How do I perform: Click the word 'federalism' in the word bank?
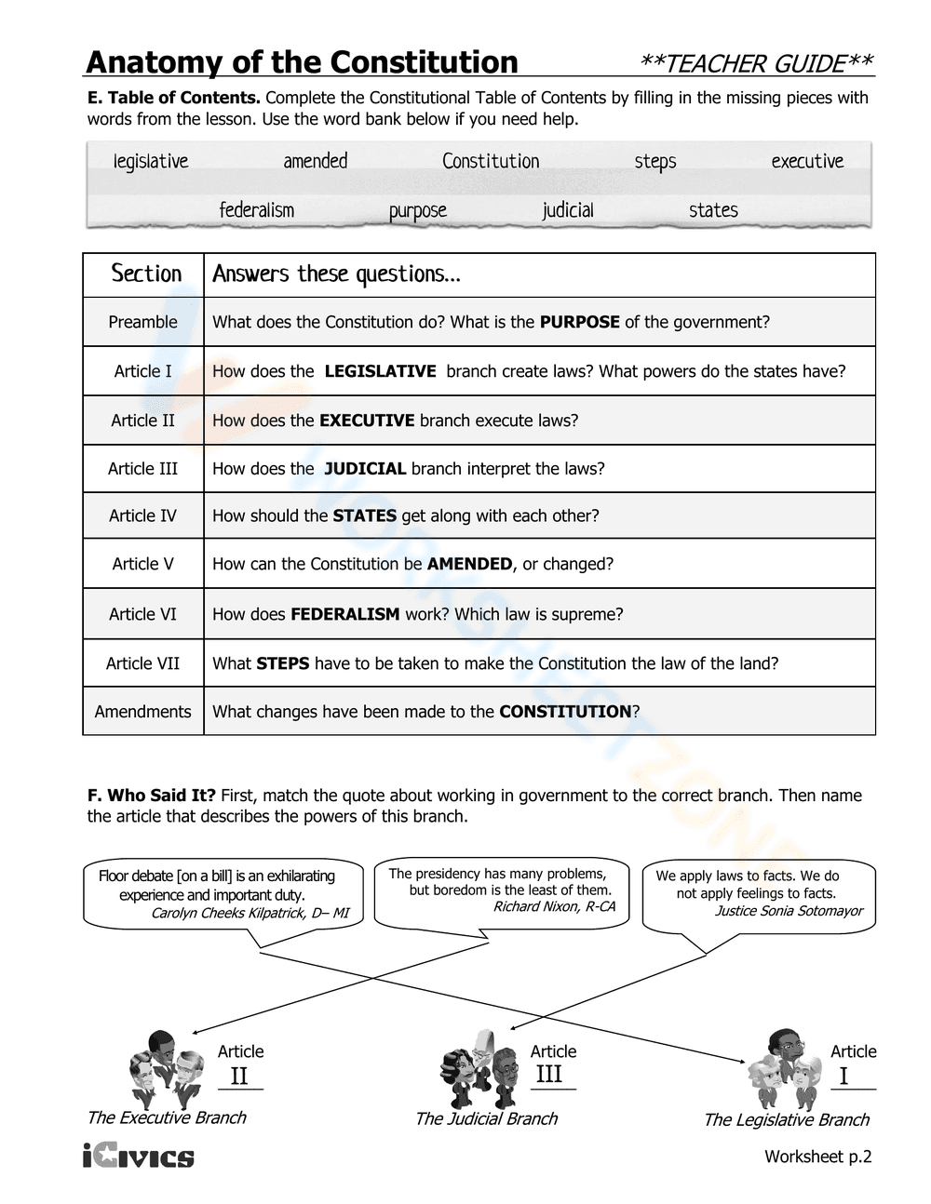[256, 210]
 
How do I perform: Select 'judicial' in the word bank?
[567, 210]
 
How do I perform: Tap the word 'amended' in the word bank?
[315, 161]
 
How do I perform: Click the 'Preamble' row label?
[142, 322]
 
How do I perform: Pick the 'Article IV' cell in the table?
[142, 515]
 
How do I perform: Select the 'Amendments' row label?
[142, 712]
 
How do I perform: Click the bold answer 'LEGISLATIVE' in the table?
[380, 371]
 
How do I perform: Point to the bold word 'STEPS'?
[283, 663]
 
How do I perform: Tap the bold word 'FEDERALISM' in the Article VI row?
[344, 614]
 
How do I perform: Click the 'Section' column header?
[146, 274]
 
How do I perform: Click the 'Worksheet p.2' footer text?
[817, 1157]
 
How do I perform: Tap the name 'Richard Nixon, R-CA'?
[553, 906]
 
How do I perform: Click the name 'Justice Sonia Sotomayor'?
[788, 911]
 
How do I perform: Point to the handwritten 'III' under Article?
[549, 1074]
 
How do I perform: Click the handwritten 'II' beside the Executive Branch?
[239, 1076]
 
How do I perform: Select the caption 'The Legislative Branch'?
[786, 1120]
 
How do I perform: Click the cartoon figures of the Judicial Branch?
[478, 1068]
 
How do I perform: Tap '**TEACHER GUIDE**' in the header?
[756, 63]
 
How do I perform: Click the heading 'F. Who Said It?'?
[151, 796]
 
